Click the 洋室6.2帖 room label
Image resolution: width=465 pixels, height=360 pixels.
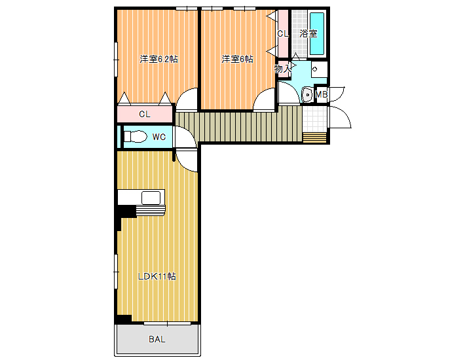click(x=158, y=60)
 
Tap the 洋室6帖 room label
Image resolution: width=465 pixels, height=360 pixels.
click(x=237, y=60)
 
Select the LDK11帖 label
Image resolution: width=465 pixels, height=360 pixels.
click(x=157, y=276)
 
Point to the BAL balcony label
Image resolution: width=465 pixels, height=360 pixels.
click(x=157, y=339)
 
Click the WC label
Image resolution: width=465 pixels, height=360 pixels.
click(x=159, y=137)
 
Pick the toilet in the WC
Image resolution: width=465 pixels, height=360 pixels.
click(x=136, y=137)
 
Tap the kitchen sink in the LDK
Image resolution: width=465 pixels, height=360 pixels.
click(x=151, y=198)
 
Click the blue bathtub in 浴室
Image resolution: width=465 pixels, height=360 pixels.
click(x=317, y=33)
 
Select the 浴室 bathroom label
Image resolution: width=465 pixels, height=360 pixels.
click(x=308, y=33)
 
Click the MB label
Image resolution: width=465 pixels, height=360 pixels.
click(x=321, y=94)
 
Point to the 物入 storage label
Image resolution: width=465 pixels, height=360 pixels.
click(x=283, y=69)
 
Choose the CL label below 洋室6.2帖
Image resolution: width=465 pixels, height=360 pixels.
click(x=145, y=114)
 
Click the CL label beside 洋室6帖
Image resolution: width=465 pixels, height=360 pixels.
click(x=283, y=34)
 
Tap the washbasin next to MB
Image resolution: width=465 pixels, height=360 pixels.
click(x=307, y=95)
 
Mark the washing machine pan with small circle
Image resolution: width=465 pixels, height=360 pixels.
click(x=319, y=69)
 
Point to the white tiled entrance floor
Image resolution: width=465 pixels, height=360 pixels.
click(x=314, y=119)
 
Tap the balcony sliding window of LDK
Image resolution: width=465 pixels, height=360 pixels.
click(x=167, y=323)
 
